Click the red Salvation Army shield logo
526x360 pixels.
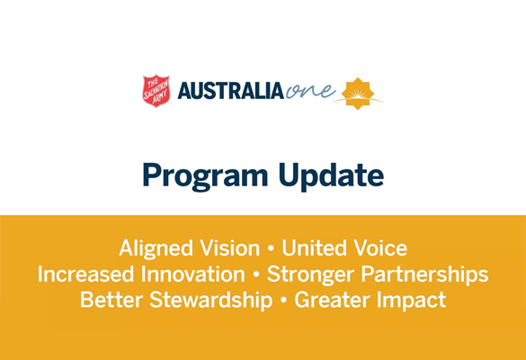pos(156,91)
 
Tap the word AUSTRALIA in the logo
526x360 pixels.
pos(230,91)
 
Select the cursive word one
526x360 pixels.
pos(310,90)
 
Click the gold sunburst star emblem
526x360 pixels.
pos(358,94)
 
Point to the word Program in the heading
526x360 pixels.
pos(205,175)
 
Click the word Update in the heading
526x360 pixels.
pos(331,175)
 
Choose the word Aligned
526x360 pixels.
pos(156,249)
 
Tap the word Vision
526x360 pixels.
pos(230,248)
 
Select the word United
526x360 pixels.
pos(314,248)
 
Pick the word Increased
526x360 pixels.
pos(86,274)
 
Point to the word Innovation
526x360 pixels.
pos(193,274)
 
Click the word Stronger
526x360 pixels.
pos(310,275)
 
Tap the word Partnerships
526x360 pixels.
pos(424,275)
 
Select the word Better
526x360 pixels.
pos(111,300)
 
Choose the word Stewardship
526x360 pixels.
pos(211,301)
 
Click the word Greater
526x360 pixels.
pos(332,300)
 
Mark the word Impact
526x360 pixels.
pos(412,301)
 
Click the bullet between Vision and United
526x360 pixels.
pos(271,248)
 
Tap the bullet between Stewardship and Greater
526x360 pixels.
pos(283,301)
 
